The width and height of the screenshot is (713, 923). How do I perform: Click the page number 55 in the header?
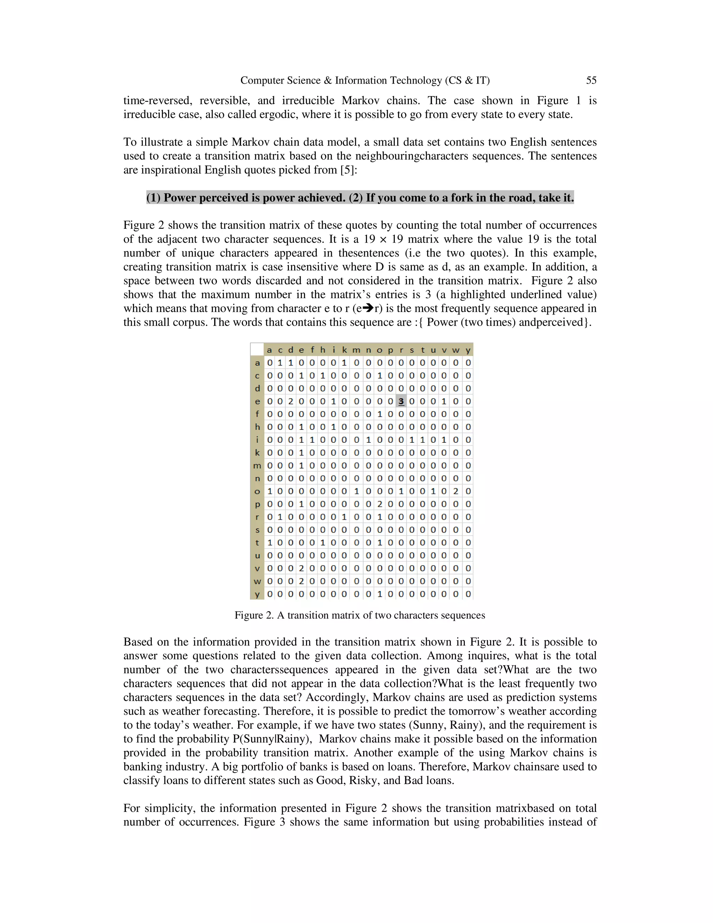tap(591, 80)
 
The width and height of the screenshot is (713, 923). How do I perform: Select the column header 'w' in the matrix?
tap(455, 350)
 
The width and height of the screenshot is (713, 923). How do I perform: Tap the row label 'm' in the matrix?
tap(257, 465)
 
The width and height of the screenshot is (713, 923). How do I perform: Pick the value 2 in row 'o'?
tap(455, 491)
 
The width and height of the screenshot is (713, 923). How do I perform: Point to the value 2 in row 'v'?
tap(301, 568)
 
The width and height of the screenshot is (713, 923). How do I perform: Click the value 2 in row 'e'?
tap(290, 401)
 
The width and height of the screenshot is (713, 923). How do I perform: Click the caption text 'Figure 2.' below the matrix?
tap(254, 615)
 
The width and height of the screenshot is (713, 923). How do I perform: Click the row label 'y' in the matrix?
tap(257, 594)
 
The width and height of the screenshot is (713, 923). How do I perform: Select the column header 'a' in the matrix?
tap(269, 350)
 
